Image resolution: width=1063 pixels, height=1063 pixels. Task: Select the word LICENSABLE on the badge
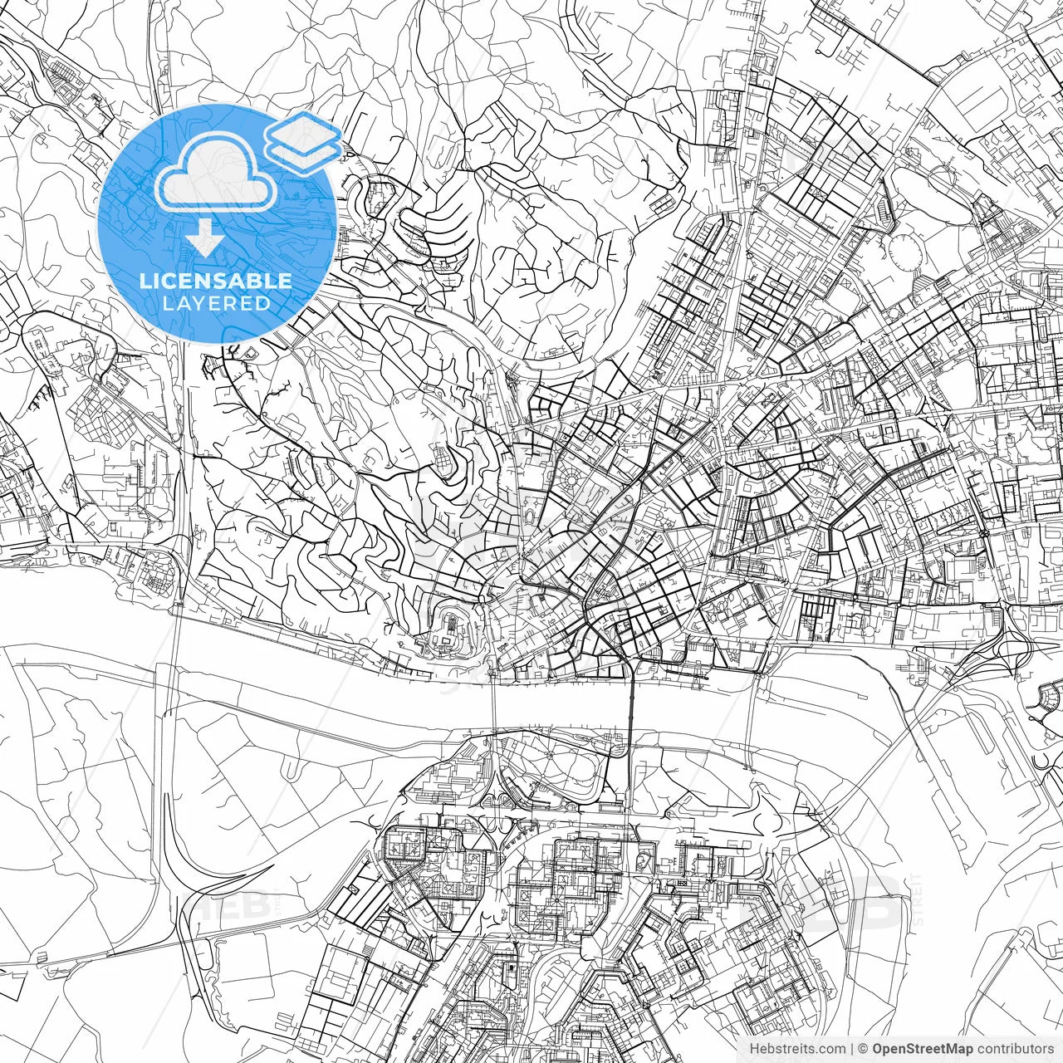pyautogui.click(x=216, y=281)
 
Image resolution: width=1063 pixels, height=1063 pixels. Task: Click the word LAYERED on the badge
pyautogui.click(x=216, y=303)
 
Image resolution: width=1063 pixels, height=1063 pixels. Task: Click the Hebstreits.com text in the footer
pyautogui.click(x=797, y=1048)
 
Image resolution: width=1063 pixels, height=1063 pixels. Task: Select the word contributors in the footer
pyautogui.click(x=1014, y=1048)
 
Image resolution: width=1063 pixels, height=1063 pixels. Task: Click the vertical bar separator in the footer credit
pyautogui.click(x=851, y=1048)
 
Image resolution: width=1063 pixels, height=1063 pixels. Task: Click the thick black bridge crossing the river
pyautogui.click(x=631, y=698)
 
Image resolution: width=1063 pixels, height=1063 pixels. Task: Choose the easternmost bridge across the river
pyautogui.click(x=752, y=706)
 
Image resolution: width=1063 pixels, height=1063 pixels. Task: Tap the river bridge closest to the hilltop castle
pyautogui.click(x=493, y=702)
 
